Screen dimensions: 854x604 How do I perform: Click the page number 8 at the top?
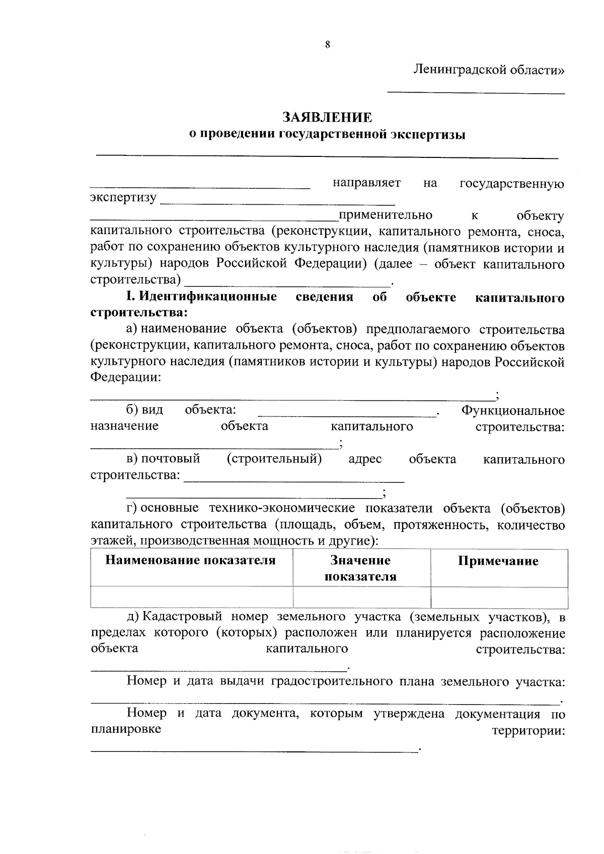pos(327,45)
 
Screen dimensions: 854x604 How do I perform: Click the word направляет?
pos(366,183)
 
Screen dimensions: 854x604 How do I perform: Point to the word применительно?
pos(386,215)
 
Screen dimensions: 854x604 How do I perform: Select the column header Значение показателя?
pos(360,568)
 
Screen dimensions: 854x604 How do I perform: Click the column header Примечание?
pos(498,561)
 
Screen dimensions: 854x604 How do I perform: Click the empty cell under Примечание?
pos(499,597)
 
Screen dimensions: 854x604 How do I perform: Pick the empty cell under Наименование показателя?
pos(191,597)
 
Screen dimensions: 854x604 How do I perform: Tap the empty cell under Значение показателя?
pos(361,597)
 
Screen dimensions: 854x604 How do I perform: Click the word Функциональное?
pos(513,411)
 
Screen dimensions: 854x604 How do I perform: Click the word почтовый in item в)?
pos(170,459)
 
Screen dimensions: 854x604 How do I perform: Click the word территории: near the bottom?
pos(528,731)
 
